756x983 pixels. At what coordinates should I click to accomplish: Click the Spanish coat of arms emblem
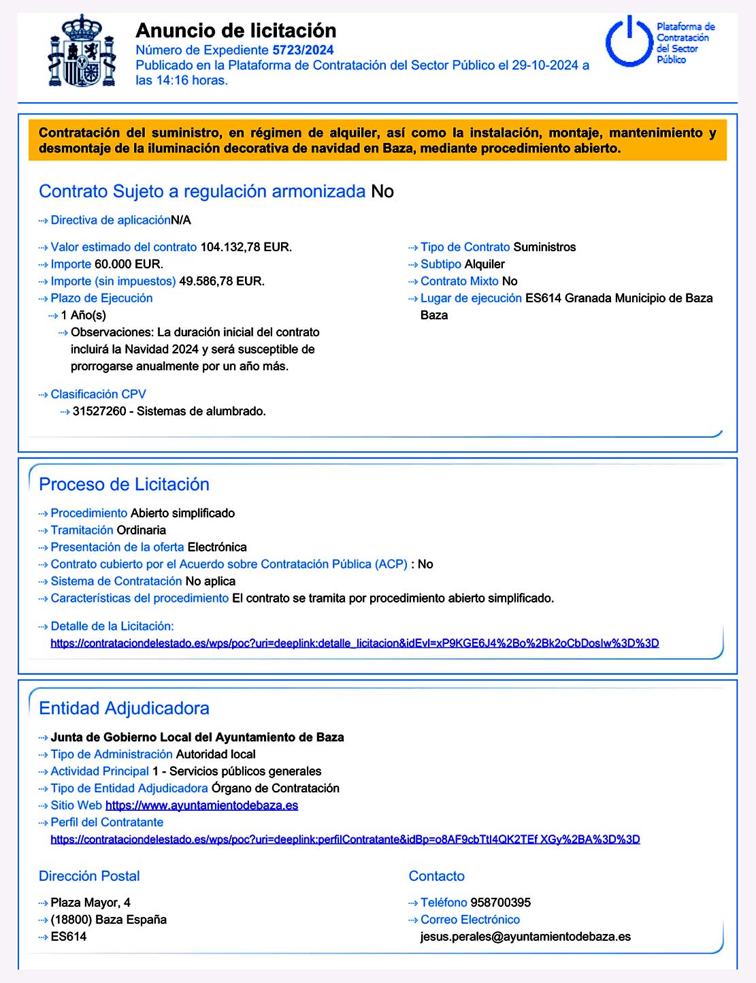pyautogui.click(x=82, y=52)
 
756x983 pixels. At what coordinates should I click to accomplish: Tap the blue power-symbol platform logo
pyautogui.click(x=629, y=42)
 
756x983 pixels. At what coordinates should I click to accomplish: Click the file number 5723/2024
pyautogui.click(x=303, y=50)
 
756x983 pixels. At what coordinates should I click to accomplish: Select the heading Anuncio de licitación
pyautogui.click(x=235, y=31)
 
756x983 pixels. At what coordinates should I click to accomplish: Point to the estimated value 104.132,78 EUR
pyautogui.click(x=246, y=247)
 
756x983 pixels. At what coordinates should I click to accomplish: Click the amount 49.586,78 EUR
pyautogui.click(x=221, y=281)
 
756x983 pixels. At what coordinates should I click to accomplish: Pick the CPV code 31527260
pyautogui.click(x=99, y=411)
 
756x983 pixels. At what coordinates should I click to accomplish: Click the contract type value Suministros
pyautogui.click(x=544, y=247)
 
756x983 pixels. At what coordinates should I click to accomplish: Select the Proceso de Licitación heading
pyautogui.click(x=124, y=484)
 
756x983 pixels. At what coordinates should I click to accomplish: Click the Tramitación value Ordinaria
pyautogui.click(x=141, y=530)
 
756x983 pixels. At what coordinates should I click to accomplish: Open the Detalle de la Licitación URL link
pyautogui.click(x=355, y=643)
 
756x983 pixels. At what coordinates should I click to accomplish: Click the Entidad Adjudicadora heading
pyautogui.click(x=124, y=708)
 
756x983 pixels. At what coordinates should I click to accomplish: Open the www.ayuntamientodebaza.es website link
pyautogui.click(x=201, y=805)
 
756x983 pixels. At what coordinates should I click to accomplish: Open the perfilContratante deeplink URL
pyautogui.click(x=345, y=839)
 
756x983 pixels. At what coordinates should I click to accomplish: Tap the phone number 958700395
pyautogui.click(x=500, y=903)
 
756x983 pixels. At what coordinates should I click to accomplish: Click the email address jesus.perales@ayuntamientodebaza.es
pyautogui.click(x=525, y=937)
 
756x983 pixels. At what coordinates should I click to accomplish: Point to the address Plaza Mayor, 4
pyautogui.click(x=91, y=903)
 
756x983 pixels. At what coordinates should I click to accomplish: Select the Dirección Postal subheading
pyautogui.click(x=89, y=876)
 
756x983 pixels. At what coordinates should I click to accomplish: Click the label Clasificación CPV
pyautogui.click(x=98, y=394)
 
